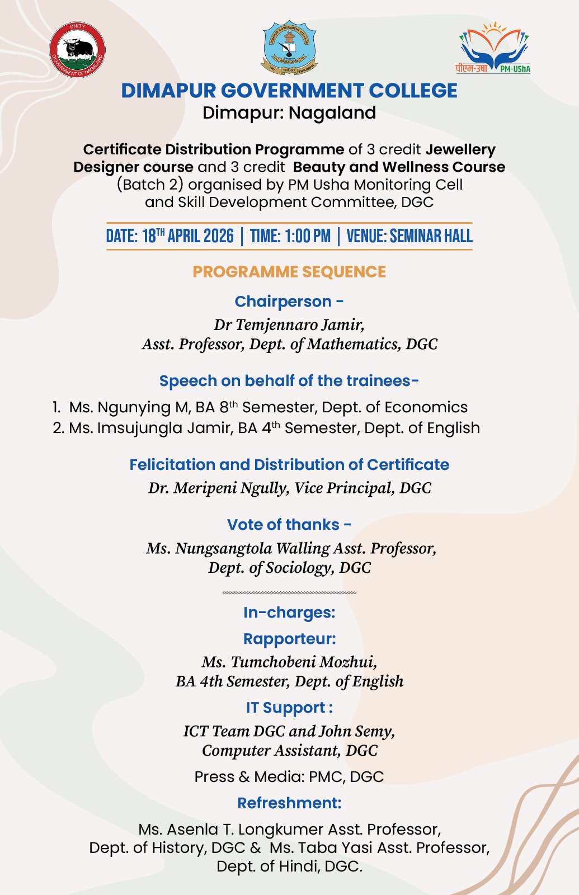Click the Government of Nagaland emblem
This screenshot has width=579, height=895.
click(x=77, y=50)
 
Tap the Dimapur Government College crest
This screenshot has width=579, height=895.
click(x=289, y=48)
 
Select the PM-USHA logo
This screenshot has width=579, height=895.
click(x=493, y=49)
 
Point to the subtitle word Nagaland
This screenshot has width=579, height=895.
click(x=332, y=113)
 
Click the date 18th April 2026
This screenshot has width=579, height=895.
click(x=187, y=236)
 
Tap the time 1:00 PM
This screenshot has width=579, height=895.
click(x=307, y=236)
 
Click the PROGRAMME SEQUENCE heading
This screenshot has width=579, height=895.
click(x=289, y=272)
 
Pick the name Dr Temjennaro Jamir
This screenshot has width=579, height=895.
click(x=289, y=324)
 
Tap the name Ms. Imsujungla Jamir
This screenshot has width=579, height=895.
click(x=150, y=428)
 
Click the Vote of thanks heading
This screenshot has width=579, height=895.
click(x=289, y=525)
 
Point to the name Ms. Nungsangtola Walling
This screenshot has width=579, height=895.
click(x=238, y=548)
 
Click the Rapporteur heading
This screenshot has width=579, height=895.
click(x=289, y=639)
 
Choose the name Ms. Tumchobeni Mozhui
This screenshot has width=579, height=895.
click(x=289, y=662)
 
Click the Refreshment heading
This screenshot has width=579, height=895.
click(x=289, y=803)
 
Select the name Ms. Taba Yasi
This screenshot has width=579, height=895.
click(x=322, y=847)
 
